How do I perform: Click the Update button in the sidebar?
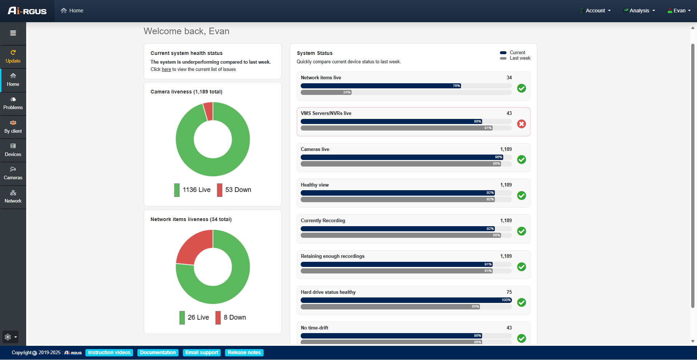click(13, 57)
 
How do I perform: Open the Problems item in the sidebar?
click(13, 104)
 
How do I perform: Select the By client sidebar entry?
click(13, 127)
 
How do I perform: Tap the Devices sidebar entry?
click(13, 150)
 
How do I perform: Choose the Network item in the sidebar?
click(13, 197)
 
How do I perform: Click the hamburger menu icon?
click(13, 33)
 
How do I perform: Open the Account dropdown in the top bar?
click(595, 11)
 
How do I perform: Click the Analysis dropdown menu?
click(640, 11)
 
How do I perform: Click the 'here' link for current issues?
click(166, 69)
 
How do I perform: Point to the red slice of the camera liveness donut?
click(208, 111)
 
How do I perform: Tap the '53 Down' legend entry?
click(234, 190)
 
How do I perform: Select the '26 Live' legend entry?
click(194, 317)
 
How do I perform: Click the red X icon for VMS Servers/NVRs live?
click(521, 124)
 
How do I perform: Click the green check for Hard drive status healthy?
click(521, 303)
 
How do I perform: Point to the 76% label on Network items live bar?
click(456, 86)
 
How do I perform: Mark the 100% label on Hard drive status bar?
click(506, 300)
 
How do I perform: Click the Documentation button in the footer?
click(158, 353)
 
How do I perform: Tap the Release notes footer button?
click(244, 353)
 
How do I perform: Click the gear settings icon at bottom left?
click(8, 337)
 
